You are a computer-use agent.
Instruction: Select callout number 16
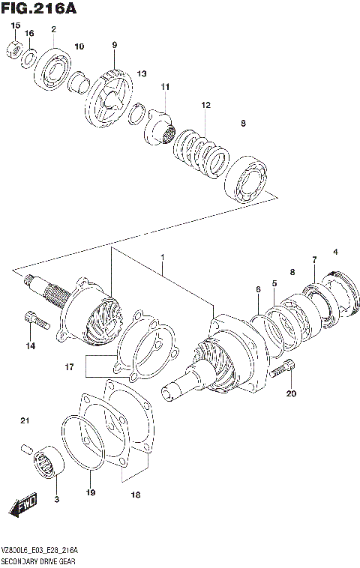tap(29, 34)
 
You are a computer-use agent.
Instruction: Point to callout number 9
tap(115, 45)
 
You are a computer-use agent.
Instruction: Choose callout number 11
tap(164, 88)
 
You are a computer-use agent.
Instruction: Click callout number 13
tap(142, 74)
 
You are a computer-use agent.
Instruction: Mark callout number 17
tap(69, 367)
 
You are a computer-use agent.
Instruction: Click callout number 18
tap(136, 495)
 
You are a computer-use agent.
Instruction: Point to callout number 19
tap(91, 492)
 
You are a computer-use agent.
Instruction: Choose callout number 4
tap(336, 251)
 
